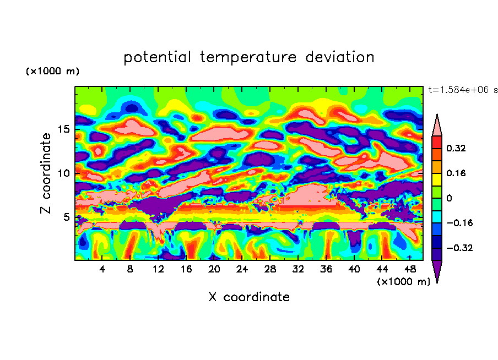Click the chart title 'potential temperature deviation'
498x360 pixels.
pyautogui.click(x=248, y=57)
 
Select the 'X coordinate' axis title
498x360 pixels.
pyautogui.click(x=248, y=297)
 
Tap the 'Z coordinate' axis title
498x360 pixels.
pyautogui.click(x=46, y=173)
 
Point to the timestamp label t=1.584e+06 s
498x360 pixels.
pyautogui.click(x=463, y=90)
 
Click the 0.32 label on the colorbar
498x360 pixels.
pyautogui.click(x=457, y=148)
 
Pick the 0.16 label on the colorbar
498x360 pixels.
pyautogui.click(x=457, y=173)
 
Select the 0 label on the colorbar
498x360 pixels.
pyautogui.click(x=449, y=198)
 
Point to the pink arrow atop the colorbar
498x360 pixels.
pyautogui.click(x=437, y=126)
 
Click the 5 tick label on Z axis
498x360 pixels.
pyautogui.click(x=66, y=217)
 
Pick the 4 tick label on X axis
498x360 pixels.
pyautogui.click(x=102, y=269)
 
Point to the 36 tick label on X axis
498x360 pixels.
pyautogui.click(x=326, y=269)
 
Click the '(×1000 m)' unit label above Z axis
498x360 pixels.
pyautogui.click(x=52, y=72)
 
